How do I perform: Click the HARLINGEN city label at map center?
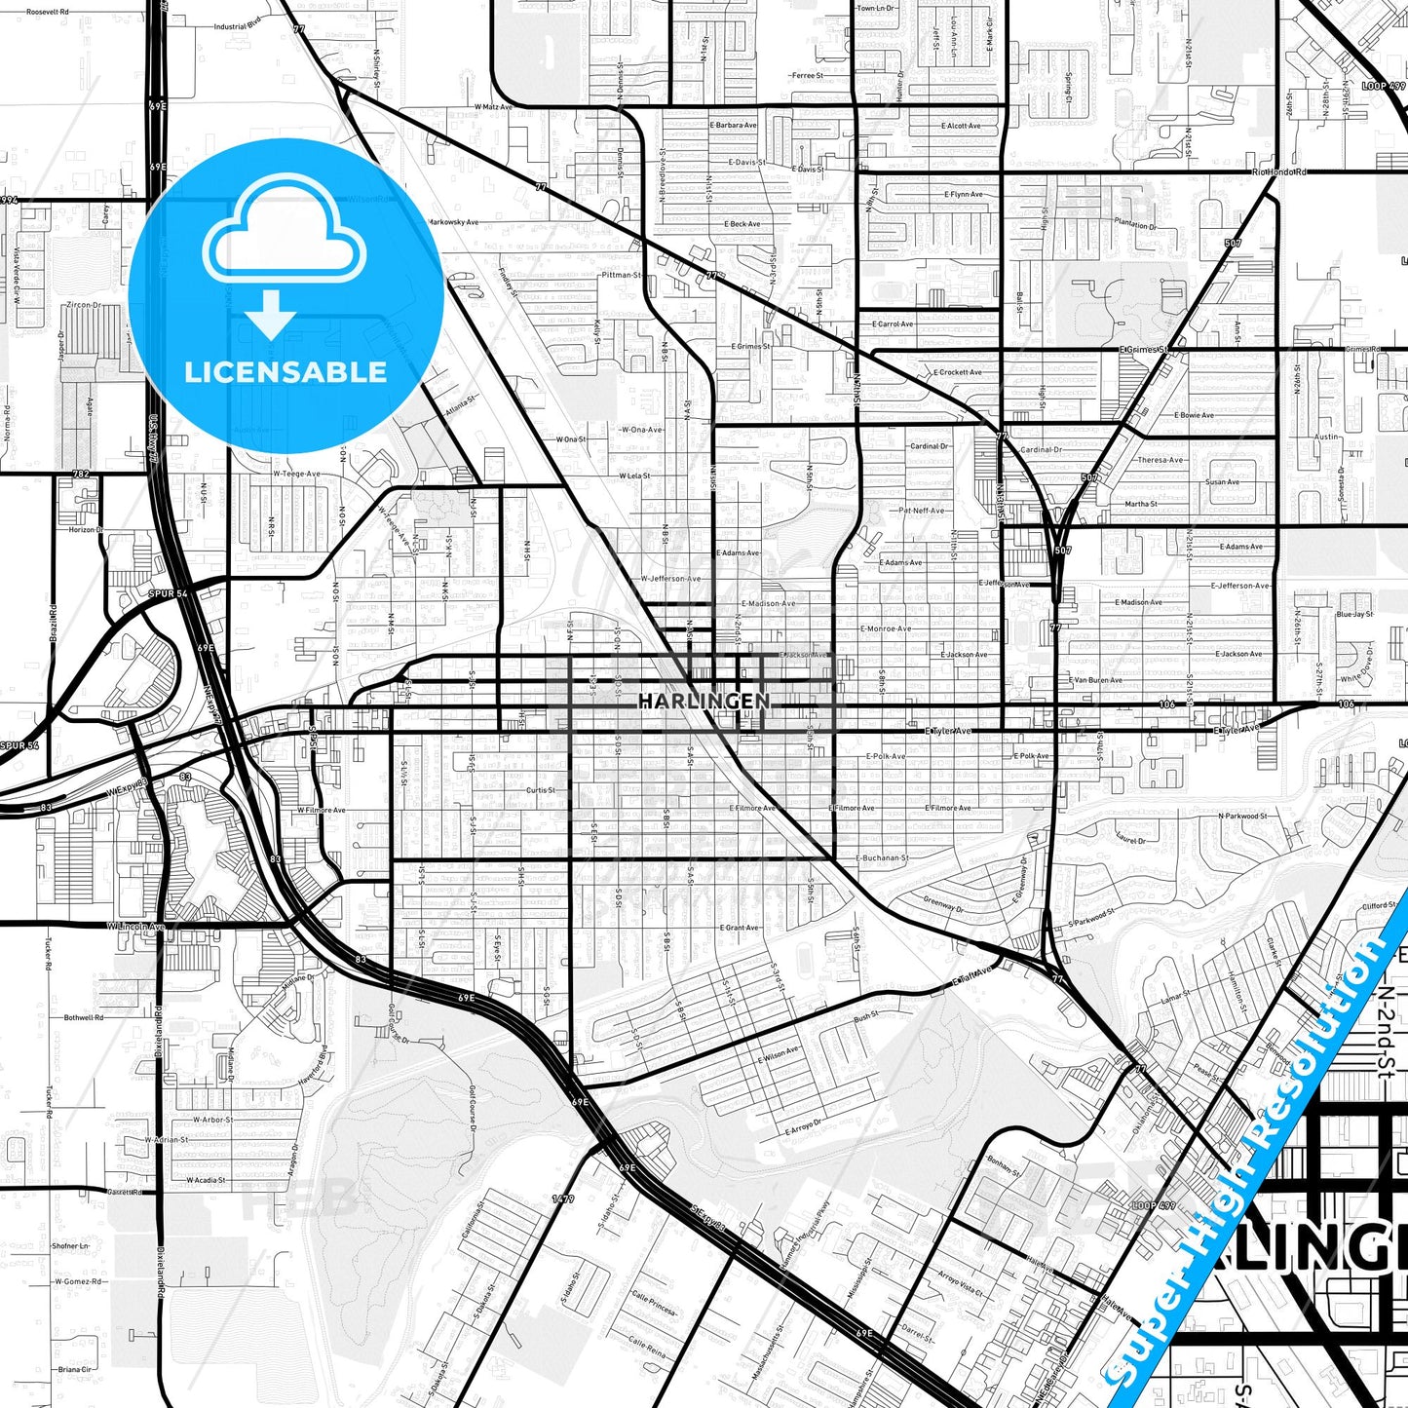click(x=704, y=701)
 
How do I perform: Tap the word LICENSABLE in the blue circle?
click(x=285, y=372)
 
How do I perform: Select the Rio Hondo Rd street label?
click(x=1277, y=172)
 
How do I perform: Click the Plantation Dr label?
click(x=1135, y=224)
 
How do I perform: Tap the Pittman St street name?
click(x=622, y=275)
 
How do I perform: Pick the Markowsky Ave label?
click(x=453, y=222)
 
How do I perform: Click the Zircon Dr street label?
click(x=83, y=305)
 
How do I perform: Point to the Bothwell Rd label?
click(x=84, y=1017)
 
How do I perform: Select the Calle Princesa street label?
click(x=653, y=1303)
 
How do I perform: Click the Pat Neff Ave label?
click(x=922, y=511)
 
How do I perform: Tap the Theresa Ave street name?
click(x=1160, y=460)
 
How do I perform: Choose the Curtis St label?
click(x=541, y=790)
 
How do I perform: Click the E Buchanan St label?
click(x=882, y=858)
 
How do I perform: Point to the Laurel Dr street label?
click(x=1130, y=837)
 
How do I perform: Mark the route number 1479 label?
click(x=563, y=1199)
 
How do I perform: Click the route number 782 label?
click(x=81, y=475)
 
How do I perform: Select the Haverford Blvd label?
click(x=314, y=1067)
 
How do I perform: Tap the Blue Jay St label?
click(x=1354, y=615)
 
